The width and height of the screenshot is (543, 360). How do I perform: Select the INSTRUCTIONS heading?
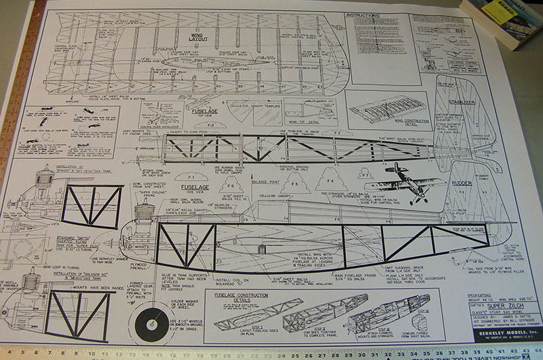pyautogui.click(x=361, y=14)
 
